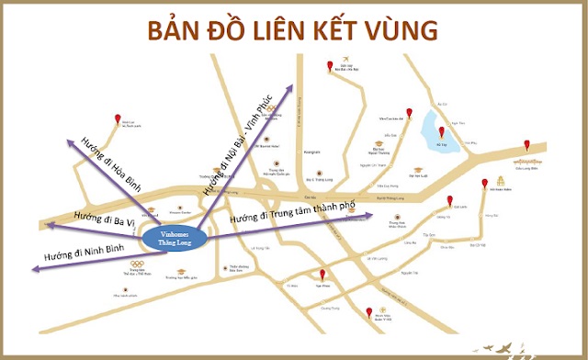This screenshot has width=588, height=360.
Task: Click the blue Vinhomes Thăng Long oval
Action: coord(173,238)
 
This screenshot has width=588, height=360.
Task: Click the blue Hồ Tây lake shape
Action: coord(437,137)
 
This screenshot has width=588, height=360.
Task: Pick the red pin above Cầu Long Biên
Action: coord(526,145)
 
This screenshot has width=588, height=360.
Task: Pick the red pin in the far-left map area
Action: coord(119,120)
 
